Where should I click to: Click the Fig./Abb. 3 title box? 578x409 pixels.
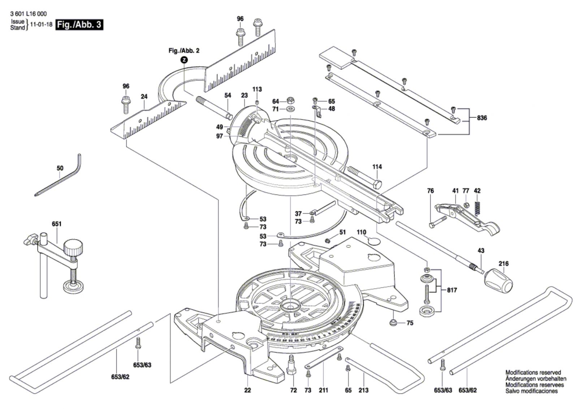79,25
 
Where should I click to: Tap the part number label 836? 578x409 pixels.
482,118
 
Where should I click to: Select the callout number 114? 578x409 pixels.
377,167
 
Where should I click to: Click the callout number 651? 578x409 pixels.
57,224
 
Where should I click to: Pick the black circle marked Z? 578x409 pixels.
184,60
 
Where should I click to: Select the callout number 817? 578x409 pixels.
452,290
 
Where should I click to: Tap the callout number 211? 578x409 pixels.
323,390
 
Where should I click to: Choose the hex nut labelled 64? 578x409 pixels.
290,100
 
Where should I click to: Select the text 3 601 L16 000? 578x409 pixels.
29,14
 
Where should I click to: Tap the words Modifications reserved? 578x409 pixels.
533,373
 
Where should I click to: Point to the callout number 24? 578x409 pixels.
144,96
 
